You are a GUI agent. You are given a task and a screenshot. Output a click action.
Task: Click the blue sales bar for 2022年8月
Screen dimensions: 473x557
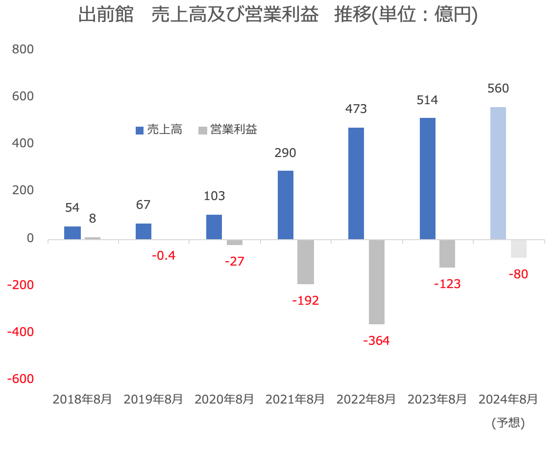tap(356, 183)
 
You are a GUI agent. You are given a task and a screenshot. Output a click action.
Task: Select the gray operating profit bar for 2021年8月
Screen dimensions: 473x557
tap(306, 262)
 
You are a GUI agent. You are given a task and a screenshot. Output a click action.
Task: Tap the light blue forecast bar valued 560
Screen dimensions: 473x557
tap(498, 173)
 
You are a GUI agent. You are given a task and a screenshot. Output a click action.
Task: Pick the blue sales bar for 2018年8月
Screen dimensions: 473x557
tap(73, 233)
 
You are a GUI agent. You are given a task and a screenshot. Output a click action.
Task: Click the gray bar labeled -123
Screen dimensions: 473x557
tap(447, 253)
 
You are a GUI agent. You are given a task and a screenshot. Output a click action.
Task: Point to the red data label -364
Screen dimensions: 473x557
tap(376, 340)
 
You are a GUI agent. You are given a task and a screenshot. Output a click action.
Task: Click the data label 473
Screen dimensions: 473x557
tap(356, 109)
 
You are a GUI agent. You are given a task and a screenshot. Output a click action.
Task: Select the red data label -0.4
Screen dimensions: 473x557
tap(163, 255)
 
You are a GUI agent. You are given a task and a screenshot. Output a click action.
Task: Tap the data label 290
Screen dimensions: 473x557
tap(285, 153)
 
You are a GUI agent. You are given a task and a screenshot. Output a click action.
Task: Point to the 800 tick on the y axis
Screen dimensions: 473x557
tap(23, 49)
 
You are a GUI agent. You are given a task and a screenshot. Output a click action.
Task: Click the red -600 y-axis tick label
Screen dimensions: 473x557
tap(20, 379)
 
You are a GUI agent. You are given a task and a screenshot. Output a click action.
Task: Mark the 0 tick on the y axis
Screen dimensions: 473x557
tap(30, 238)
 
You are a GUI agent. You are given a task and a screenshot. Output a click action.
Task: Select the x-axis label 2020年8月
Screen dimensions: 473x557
tap(224, 399)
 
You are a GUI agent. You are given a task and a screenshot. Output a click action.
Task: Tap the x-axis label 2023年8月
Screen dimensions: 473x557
tap(437, 399)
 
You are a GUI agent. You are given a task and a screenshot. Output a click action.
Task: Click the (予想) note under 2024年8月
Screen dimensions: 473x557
tap(508, 423)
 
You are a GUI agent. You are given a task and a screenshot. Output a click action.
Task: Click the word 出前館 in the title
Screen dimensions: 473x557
tap(106, 15)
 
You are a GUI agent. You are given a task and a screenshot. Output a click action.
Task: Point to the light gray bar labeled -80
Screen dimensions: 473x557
tap(519, 248)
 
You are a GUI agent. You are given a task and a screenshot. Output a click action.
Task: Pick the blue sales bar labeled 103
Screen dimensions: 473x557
tap(214, 227)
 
